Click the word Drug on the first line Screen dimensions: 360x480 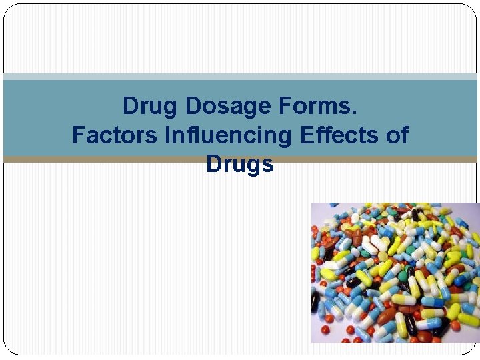click(x=151, y=106)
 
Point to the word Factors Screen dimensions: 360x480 click(x=115, y=135)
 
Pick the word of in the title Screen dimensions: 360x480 click(x=398, y=135)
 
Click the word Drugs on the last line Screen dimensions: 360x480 click(x=240, y=164)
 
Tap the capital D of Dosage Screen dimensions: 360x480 click(x=192, y=106)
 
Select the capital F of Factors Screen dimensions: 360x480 click(x=77, y=135)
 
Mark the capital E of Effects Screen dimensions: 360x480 click(x=306, y=135)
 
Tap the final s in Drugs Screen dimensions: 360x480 click(x=269, y=165)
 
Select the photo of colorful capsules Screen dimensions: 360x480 click(x=395, y=272)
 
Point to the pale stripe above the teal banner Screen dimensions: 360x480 click(x=240, y=77)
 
